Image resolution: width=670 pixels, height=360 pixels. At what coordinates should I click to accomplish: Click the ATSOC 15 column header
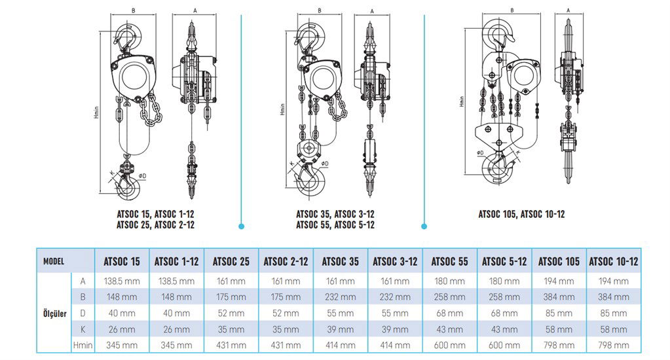121,261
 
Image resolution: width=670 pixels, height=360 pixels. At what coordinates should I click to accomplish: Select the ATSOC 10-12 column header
613,261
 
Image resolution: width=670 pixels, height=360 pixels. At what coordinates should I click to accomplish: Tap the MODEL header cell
53,261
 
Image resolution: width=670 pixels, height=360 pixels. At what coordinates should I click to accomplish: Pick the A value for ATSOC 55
449,281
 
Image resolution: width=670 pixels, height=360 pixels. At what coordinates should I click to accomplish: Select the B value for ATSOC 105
559,297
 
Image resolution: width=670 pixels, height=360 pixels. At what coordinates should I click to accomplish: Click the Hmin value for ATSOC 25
231,345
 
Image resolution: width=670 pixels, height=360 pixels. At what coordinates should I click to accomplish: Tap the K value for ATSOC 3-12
395,329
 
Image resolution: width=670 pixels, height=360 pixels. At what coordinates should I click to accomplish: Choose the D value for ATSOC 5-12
504,313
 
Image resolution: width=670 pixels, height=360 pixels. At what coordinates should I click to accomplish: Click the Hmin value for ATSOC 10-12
613,345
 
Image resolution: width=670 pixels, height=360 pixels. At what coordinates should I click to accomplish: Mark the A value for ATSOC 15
121,281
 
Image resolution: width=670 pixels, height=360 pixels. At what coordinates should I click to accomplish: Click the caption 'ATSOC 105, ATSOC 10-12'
521,214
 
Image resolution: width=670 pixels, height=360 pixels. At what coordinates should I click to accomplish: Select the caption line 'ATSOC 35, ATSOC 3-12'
335,214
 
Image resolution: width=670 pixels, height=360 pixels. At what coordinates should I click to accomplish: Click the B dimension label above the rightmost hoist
511,10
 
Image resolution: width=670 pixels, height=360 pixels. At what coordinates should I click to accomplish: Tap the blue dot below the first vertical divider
242,226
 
